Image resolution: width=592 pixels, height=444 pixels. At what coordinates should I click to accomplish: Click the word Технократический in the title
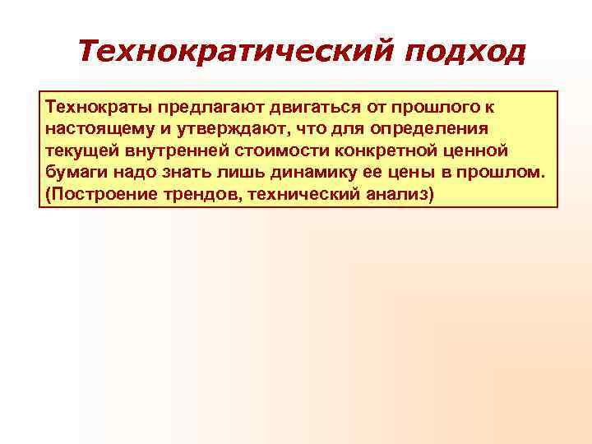click(x=235, y=53)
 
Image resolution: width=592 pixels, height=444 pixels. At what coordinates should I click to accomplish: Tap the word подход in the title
click(x=464, y=53)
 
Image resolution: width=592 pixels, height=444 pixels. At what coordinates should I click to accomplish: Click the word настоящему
click(x=98, y=130)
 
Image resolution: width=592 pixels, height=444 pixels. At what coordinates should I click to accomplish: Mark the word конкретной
click(x=386, y=152)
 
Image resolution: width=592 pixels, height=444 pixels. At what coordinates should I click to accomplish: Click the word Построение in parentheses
click(x=100, y=197)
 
